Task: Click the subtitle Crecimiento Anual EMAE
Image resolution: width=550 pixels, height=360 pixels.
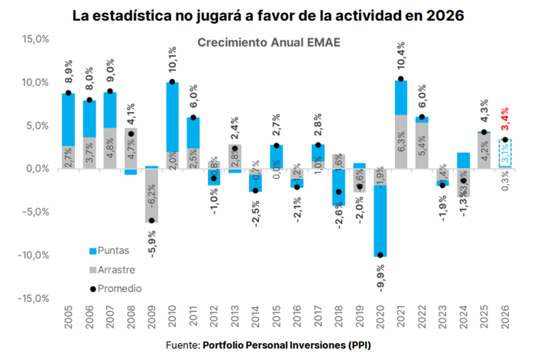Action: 269,43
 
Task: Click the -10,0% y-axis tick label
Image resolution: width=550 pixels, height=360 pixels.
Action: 34,255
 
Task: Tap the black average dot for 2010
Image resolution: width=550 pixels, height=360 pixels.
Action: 172,82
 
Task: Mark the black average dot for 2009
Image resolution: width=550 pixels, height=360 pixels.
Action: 151,221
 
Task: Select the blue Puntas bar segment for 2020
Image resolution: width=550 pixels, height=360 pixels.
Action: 380,220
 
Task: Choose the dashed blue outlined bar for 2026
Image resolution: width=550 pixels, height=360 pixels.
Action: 505,154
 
